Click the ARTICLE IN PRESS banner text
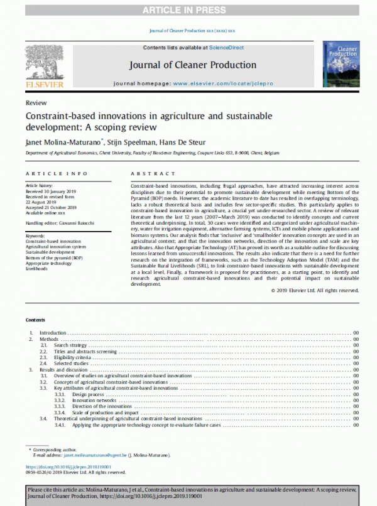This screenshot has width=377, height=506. click(x=188, y=9)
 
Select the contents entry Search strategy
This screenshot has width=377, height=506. click(x=70, y=345)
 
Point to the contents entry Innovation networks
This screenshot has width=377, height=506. click(x=94, y=399)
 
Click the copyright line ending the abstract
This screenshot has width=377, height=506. click(x=315, y=290)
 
